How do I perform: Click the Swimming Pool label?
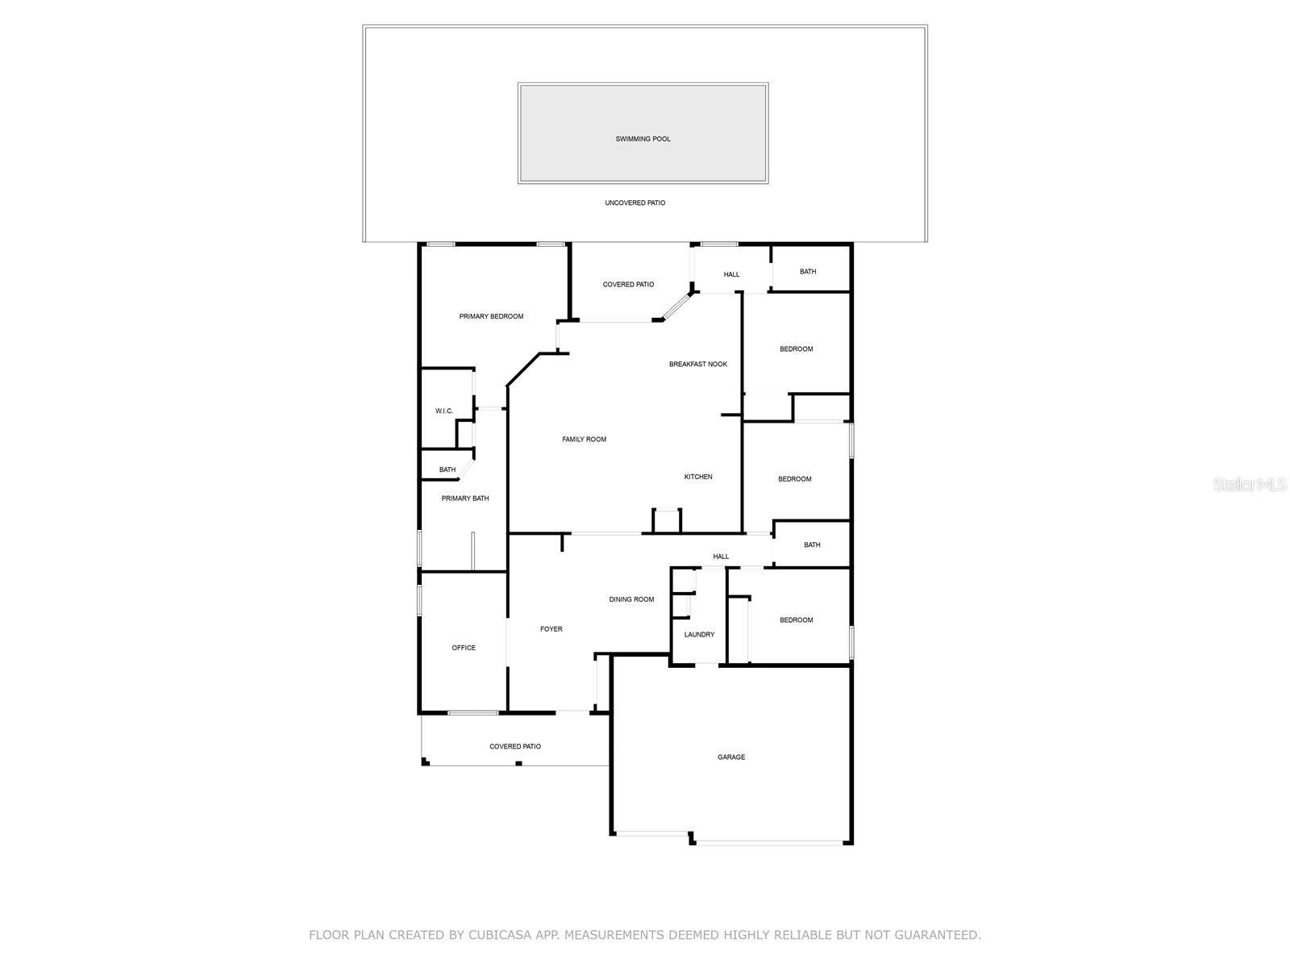click(x=643, y=139)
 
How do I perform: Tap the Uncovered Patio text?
click(x=635, y=203)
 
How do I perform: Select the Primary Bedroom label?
click(x=491, y=316)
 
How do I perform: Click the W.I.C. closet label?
click(x=444, y=411)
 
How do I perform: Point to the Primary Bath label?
click(x=465, y=499)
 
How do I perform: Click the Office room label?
click(x=464, y=648)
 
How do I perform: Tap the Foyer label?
click(x=551, y=629)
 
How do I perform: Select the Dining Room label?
click(x=631, y=599)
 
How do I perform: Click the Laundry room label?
click(x=699, y=635)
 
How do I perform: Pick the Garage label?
click(x=731, y=757)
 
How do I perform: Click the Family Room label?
click(x=584, y=440)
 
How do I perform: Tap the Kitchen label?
click(x=698, y=477)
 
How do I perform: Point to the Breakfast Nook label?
click(x=698, y=365)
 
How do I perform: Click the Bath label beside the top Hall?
click(x=808, y=272)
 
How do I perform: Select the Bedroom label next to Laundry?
click(x=796, y=620)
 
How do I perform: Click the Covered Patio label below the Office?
click(x=515, y=747)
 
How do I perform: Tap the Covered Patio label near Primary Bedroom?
click(x=628, y=285)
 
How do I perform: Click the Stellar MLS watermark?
click(x=1250, y=485)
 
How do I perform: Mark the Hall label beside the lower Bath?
click(x=721, y=557)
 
